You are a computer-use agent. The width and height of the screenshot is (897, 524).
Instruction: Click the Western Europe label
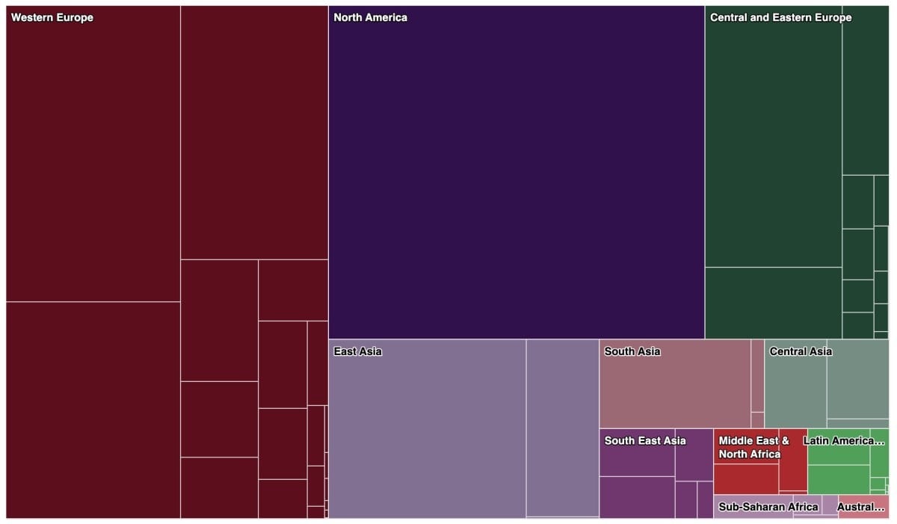[52, 17]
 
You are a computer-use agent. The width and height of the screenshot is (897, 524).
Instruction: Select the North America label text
[370, 17]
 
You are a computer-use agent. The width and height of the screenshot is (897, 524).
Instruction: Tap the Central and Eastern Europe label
[780, 17]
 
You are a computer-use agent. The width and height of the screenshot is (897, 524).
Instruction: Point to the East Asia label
[357, 351]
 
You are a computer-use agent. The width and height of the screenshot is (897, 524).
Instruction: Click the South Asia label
[632, 351]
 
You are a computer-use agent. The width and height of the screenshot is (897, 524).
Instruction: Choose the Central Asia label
[801, 351]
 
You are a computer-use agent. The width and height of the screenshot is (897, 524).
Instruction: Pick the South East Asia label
[645, 440]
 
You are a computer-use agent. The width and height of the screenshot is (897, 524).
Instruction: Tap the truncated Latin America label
[838, 440]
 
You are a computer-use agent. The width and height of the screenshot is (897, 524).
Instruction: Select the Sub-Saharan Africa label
[768, 507]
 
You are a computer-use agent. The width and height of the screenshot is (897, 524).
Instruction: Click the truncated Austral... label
[861, 507]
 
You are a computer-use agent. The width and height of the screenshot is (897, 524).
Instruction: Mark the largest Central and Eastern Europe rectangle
[773, 142]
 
